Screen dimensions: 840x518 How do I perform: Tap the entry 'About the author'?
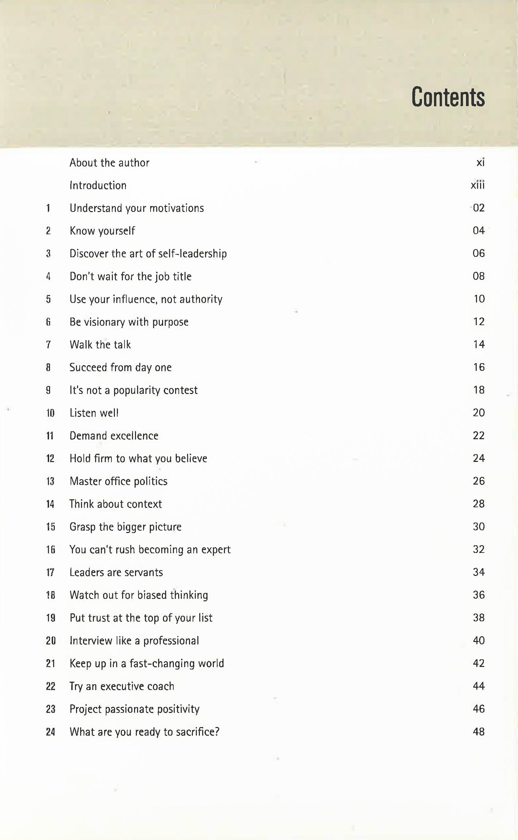click(x=109, y=163)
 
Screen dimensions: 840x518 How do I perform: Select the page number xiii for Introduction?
click(x=478, y=185)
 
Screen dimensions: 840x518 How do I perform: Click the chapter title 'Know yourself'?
click(x=102, y=231)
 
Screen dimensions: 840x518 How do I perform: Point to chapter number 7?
click(x=48, y=345)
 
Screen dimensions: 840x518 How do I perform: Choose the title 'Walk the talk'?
click(x=100, y=345)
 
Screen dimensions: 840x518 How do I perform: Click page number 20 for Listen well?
click(x=479, y=413)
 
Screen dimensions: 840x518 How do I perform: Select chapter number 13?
click(x=50, y=481)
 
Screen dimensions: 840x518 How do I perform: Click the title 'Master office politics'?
click(x=118, y=481)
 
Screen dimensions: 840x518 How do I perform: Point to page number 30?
click(x=479, y=527)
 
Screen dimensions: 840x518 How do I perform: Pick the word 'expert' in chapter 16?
click(x=216, y=550)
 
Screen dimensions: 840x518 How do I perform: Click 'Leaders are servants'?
click(x=116, y=573)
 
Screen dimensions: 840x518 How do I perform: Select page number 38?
click(x=479, y=617)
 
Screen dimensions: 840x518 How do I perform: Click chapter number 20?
click(x=51, y=641)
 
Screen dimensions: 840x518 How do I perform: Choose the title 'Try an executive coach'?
click(x=122, y=686)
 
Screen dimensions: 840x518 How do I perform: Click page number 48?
click(x=479, y=732)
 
